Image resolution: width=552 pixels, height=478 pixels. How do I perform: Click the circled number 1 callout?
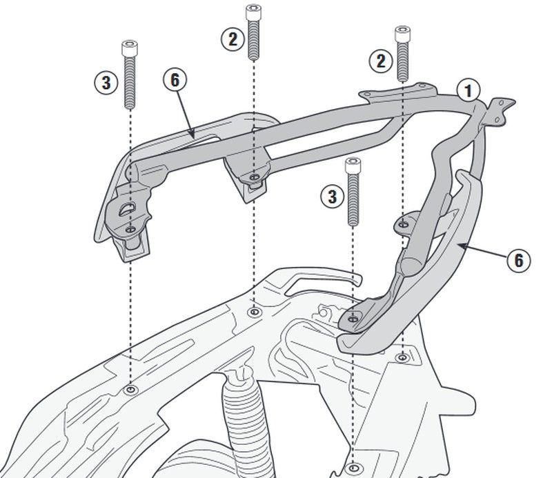pos(469,90)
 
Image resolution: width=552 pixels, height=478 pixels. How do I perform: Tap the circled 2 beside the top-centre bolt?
pos(233,39)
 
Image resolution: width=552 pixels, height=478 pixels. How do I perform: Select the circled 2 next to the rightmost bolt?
pos(380,61)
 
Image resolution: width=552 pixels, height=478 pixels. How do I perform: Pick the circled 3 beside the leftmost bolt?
pos(106,83)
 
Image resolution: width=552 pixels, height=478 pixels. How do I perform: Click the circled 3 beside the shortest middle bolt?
pos(332,197)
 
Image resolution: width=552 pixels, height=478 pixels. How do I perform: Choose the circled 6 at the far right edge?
pos(518,261)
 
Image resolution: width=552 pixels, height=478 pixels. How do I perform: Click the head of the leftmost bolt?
pos(129,48)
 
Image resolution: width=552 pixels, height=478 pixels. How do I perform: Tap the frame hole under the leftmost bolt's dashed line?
pos(130,391)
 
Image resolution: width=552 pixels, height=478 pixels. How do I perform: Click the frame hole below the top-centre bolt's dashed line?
pos(254,312)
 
